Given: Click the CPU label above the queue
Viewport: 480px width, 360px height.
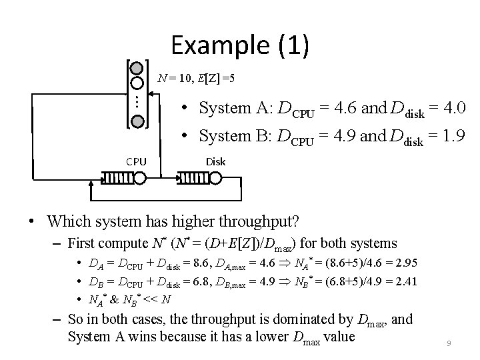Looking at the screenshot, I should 137,161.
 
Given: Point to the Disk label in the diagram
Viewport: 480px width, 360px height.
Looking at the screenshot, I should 215,161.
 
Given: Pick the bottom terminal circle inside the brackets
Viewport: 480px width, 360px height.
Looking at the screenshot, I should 137,121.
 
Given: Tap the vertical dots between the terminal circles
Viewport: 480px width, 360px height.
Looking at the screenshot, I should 133,102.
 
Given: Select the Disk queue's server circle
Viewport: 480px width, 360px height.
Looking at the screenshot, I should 216,179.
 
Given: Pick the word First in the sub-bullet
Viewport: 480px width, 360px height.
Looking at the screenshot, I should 83,243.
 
